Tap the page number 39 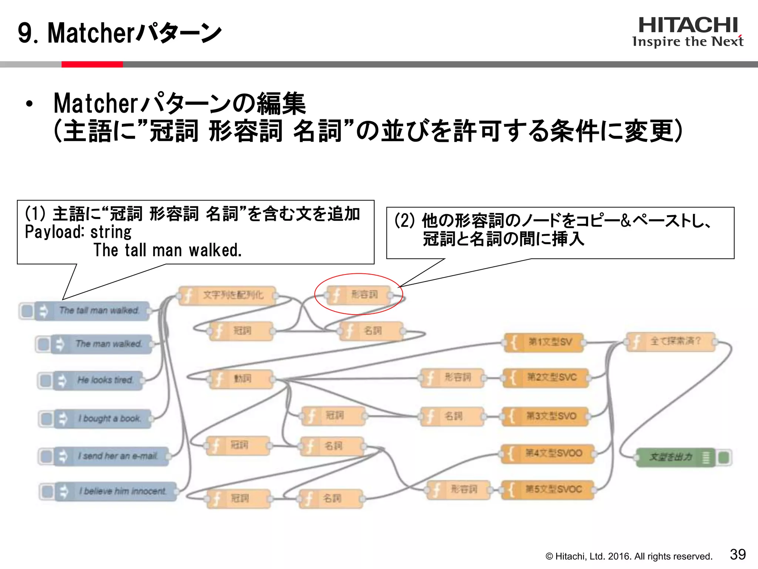click(x=738, y=555)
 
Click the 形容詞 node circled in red click(x=358, y=295)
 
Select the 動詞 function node click(x=241, y=379)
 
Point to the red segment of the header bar click(x=92, y=64)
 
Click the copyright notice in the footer click(x=629, y=556)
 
